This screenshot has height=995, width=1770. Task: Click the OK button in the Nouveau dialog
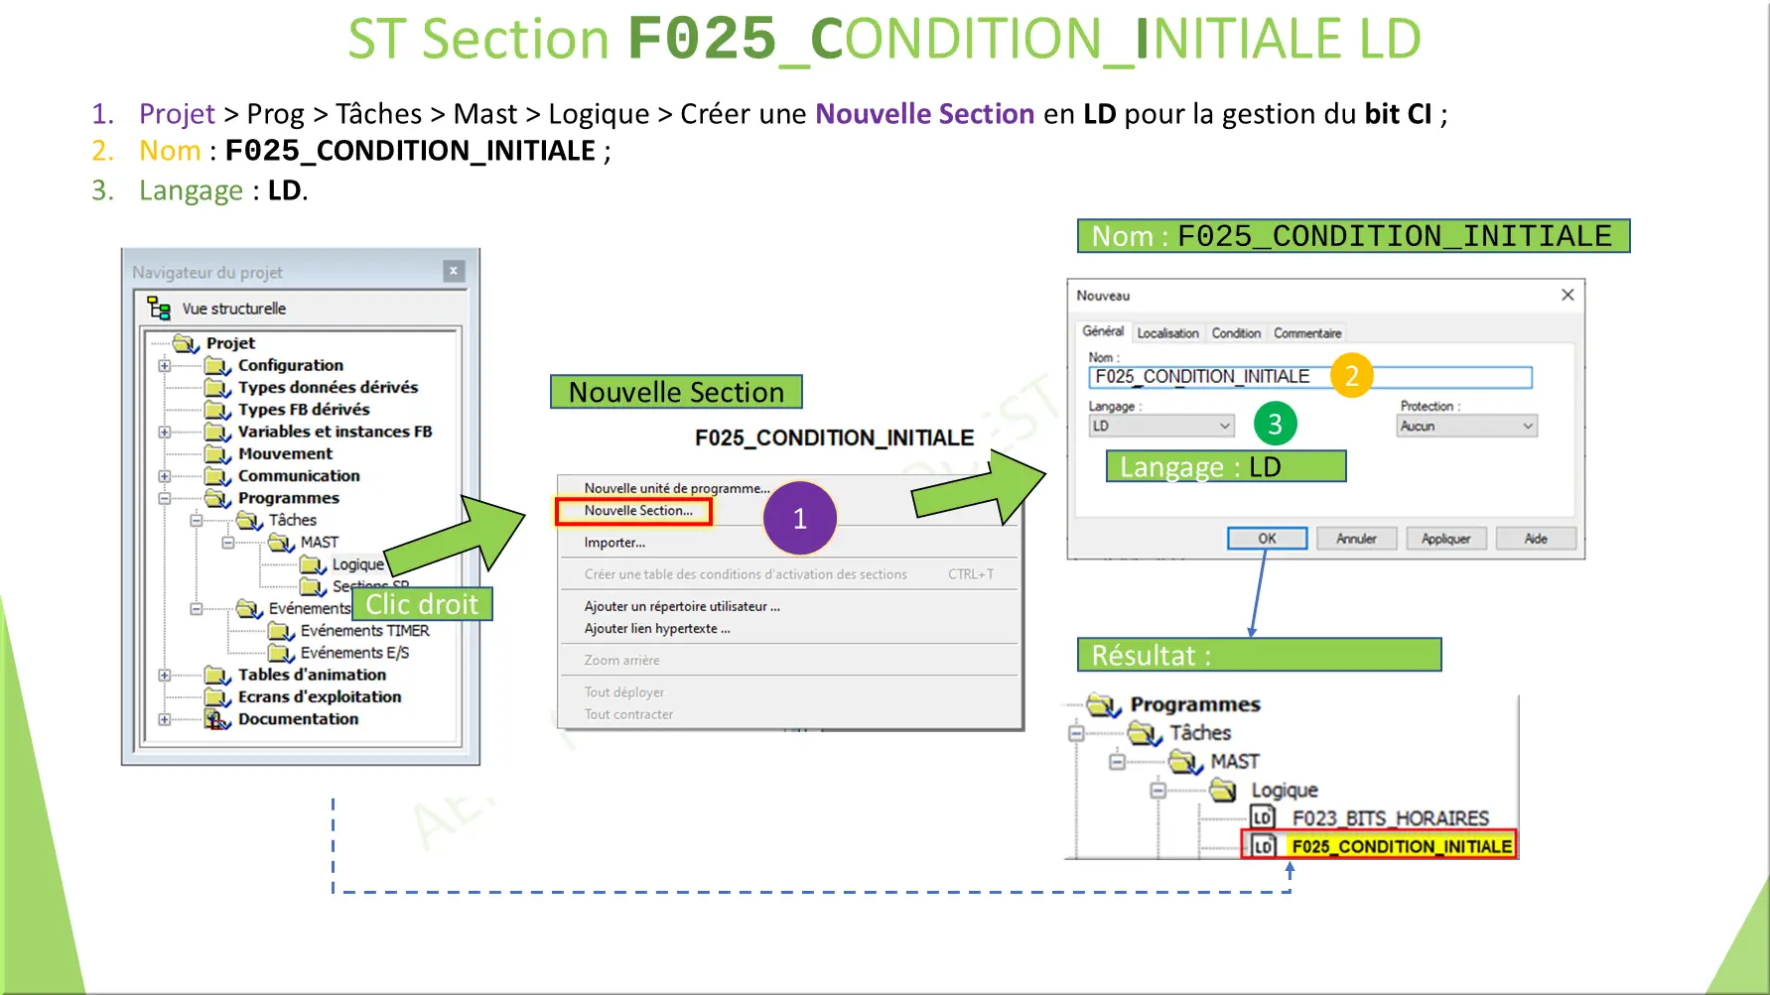(x=1267, y=539)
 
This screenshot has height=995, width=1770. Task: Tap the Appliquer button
(x=1444, y=539)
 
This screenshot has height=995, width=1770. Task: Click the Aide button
(x=1535, y=539)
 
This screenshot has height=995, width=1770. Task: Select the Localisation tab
(x=1167, y=333)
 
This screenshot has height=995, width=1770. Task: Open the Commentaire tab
(x=1307, y=333)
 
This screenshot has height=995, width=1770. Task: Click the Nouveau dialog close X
(x=1567, y=295)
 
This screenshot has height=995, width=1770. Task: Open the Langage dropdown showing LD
(x=1160, y=426)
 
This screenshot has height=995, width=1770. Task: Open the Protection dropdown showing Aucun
(x=1467, y=426)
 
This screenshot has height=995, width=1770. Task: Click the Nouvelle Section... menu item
(x=637, y=511)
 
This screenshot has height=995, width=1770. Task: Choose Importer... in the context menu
(x=614, y=543)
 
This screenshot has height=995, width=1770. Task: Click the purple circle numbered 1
(x=799, y=519)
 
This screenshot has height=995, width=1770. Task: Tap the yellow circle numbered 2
(x=1351, y=376)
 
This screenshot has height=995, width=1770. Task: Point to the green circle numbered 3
(x=1275, y=425)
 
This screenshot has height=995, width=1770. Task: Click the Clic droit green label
(x=422, y=604)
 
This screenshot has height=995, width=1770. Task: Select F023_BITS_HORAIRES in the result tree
(x=1390, y=818)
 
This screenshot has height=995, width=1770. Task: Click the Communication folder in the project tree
(x=298, y=476)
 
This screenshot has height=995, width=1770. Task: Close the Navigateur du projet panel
(x=454, y=271)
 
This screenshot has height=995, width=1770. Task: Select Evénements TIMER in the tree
(x=364, y=631)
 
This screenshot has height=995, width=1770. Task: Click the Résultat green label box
(x=1259, y=655)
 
